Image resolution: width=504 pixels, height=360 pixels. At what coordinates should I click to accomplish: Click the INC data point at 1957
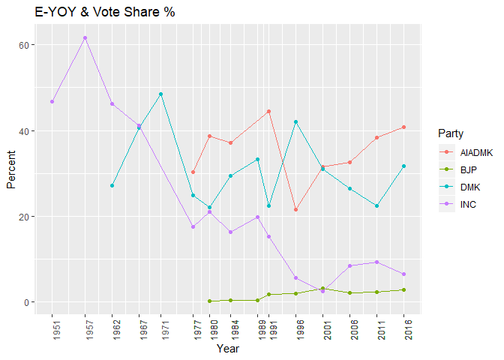point(85,37)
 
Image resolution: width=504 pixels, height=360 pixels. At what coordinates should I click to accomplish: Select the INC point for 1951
point(52,101)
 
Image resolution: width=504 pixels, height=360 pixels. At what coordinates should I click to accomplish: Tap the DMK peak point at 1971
point(160,94)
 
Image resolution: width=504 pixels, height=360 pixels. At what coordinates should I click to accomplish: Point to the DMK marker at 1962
point(112,185)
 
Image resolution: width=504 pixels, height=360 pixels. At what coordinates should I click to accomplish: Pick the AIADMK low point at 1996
point(296,209)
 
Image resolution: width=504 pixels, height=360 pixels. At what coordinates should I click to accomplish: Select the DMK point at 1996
point(296,121)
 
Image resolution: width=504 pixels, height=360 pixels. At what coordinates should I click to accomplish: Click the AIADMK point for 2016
point(404,127)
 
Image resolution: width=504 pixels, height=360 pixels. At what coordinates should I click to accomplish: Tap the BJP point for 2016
point(404,289)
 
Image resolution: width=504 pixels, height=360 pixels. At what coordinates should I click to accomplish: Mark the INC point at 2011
point(377,262)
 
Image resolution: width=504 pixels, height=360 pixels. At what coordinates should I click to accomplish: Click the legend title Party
point(449,133)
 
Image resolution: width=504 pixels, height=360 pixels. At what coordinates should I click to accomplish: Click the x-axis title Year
point(228,348)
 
